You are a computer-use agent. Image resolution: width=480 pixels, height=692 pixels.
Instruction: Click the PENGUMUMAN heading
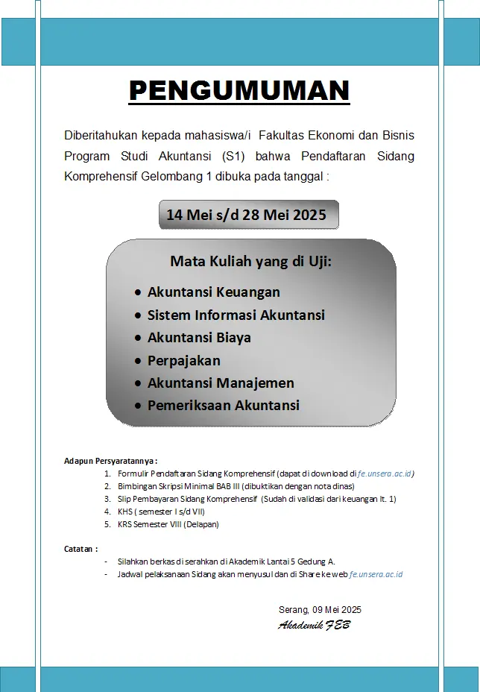click(239, 91)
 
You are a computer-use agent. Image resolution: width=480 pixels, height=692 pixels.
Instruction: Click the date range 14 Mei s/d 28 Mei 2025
click(246, 215)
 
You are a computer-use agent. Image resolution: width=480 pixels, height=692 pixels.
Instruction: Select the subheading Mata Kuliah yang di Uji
click(250, 261)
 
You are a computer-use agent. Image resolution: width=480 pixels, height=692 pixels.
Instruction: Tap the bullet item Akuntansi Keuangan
click(213, 292)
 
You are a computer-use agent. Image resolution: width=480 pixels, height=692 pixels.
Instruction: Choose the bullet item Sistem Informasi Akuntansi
click(236, 315)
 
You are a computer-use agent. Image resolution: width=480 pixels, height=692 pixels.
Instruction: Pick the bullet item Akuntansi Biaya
click(199, 337)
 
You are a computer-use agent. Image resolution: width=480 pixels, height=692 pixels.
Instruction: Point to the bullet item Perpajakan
click(183, 360)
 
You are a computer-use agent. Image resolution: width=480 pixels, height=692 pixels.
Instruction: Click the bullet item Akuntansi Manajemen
click(221, 383)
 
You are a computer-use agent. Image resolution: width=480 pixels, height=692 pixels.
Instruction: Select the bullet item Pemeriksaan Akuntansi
click(223, 406)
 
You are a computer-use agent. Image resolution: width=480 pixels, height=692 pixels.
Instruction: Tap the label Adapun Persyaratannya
click(110, 462)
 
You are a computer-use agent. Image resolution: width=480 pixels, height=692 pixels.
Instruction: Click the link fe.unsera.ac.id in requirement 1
click(385, 474)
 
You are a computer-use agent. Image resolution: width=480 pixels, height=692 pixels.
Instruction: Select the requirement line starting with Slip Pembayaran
click(256, 499)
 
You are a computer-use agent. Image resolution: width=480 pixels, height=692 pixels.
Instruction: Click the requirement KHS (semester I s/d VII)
click(160, 512)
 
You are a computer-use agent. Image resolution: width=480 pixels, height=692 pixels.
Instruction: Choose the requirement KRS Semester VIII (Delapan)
click(168, 524)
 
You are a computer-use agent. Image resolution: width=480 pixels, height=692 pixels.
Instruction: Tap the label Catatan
click(80, 549)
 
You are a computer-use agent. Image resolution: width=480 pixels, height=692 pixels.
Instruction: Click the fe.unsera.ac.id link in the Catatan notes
click(376, 574)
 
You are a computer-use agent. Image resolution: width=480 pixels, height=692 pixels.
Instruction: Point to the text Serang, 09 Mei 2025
click(320, 609)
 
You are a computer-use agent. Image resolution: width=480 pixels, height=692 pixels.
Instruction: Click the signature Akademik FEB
click(314, 625)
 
